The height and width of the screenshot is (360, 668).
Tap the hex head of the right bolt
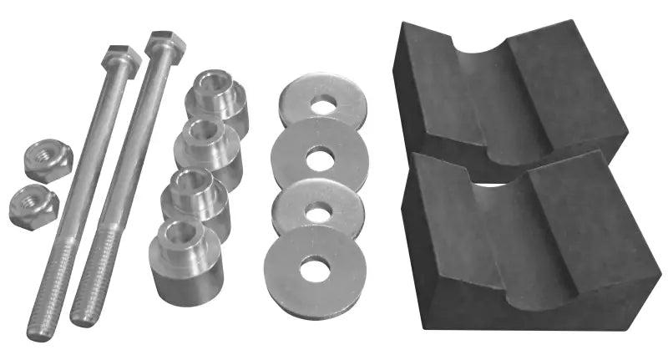coord(165,43)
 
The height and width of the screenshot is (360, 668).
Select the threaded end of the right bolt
coord(90,292)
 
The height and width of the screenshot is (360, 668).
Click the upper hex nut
coord(47,159)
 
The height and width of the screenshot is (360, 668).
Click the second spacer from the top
coord(206,145)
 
